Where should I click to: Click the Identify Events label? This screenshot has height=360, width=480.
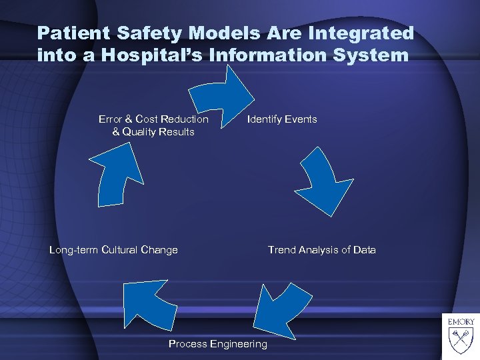(x=282, y=119)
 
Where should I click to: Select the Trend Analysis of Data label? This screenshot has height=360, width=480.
(x=321, y=250)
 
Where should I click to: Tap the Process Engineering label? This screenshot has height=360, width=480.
(x=217, y=344)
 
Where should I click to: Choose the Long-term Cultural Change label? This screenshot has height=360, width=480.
(x=113, y=250)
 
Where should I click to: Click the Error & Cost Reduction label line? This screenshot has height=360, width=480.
(x=153, y=119)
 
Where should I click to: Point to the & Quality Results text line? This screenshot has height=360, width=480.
(x=153, y=132)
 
